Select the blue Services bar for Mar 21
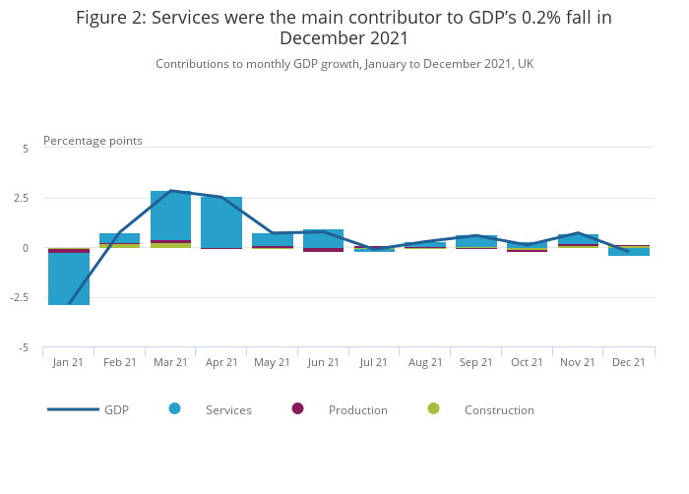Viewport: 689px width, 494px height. [170, 216]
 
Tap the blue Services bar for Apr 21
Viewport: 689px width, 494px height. [221, 222]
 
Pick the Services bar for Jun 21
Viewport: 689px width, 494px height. [323, 238]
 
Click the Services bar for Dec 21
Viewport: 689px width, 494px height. [629, 252]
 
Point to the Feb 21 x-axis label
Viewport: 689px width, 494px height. [120, 362]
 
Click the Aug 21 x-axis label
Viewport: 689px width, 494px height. [425, 362]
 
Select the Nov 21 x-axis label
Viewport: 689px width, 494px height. [577, 362]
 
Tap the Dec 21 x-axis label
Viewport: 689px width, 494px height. [628, 362]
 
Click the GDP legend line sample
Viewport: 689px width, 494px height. [73, 409]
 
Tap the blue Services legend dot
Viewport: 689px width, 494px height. [175, 408]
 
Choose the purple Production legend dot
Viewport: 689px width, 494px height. [297, 408]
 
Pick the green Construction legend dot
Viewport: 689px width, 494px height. [433, 408]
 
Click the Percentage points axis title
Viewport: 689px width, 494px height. [93, 141]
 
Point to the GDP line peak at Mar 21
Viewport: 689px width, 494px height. [170, 191]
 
